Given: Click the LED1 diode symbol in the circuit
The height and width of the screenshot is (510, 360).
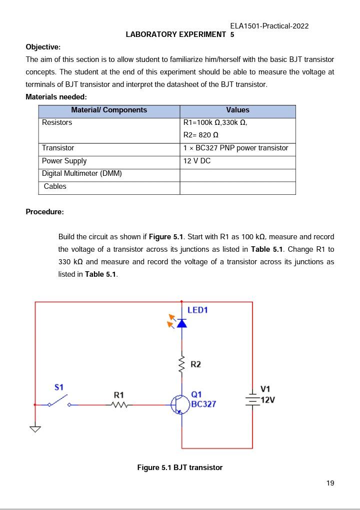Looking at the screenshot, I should [181, 323].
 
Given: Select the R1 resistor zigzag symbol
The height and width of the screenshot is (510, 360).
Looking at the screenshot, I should [119, 405].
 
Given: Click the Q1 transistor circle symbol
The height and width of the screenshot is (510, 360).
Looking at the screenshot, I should [180, 405].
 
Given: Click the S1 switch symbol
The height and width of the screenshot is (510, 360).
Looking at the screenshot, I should [58, 401].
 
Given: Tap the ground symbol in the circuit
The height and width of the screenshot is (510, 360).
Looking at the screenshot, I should [35, 429].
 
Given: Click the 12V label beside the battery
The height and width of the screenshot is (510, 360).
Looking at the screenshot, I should [268, 400].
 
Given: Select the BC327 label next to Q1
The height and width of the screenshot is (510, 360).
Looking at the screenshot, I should [203, 404].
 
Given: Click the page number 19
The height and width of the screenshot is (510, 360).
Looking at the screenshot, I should [330, 483].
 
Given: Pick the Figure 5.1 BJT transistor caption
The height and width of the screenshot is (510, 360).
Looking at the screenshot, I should [179, 468].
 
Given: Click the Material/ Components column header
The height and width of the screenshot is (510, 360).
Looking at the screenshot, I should [109, 110].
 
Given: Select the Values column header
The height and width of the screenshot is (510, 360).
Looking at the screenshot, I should [237, 110].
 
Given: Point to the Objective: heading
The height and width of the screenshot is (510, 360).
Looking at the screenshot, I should [43, 47].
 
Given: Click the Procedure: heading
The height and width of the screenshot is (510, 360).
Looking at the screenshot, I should [44, 212].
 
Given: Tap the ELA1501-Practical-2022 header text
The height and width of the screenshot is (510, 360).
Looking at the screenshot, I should [269, 26].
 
